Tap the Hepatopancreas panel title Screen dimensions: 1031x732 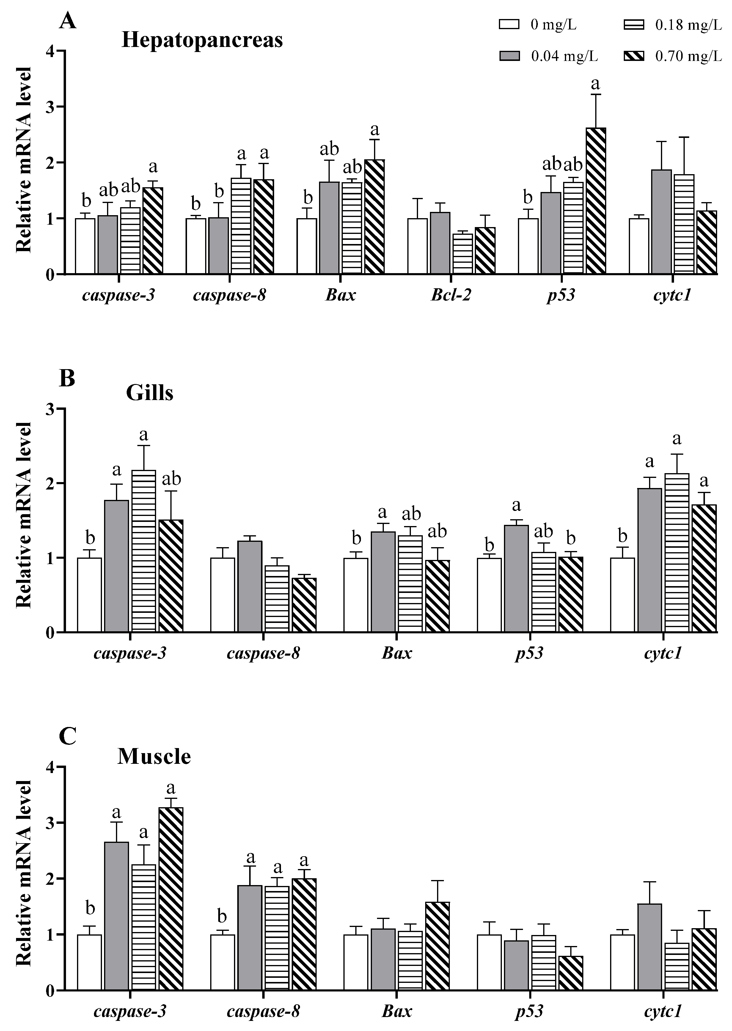click(202, 40)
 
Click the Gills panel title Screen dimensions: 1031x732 click(150, 393)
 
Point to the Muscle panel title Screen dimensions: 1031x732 click(154, 756)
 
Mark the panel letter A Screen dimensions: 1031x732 click(67, 21)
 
